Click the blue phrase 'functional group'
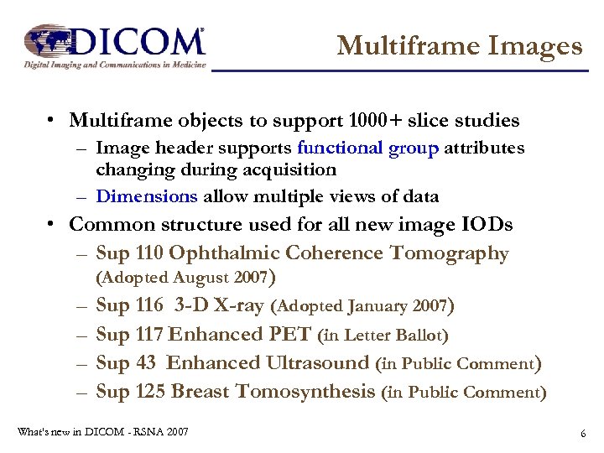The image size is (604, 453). pyautogui.click(x=367, y=148)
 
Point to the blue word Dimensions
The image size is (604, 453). pyautogui.click(x=147, y=196)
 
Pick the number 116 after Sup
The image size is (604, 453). pyautogui.click(x=148, y=306)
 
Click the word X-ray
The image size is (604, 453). pyautogui.click(x=237, y=306)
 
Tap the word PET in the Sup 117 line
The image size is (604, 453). pyautogui.click(x=291, y=335)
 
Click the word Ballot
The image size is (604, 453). pyautogui.click(x=423, y=336)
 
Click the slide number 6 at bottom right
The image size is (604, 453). pyautogui.click(x=581, y=434)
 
